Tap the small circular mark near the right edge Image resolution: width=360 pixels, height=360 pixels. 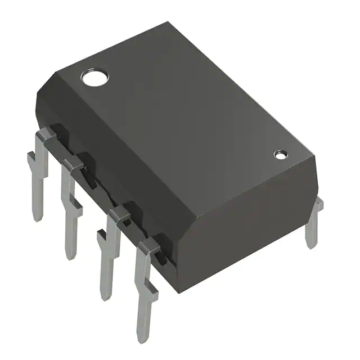280,154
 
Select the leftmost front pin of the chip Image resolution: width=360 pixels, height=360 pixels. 39,174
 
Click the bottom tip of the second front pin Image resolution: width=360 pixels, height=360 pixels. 70,256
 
